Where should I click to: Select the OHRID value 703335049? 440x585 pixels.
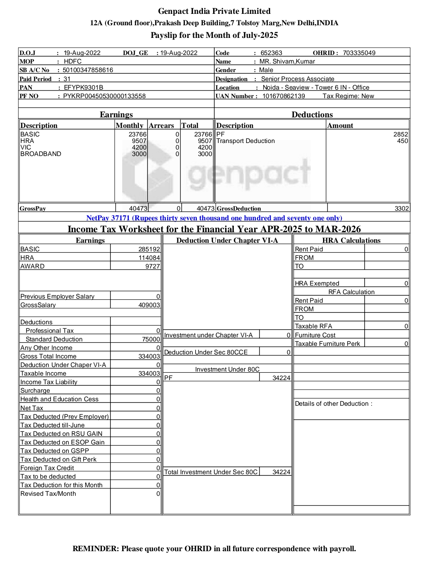point(359,53)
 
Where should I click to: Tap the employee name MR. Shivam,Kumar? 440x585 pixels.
point(287,62)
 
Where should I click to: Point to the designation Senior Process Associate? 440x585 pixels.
point(297,79)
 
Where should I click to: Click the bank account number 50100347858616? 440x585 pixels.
point(88,70)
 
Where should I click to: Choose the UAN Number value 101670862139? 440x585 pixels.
point(284,96)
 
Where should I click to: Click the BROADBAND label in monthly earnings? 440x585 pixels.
point(41,154)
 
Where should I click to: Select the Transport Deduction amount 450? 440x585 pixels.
point(403,141)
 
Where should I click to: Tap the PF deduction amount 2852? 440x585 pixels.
point(400,134)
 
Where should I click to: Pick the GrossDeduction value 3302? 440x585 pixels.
point(401,209)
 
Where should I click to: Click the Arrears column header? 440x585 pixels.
point(161,125)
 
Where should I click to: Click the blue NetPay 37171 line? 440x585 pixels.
point(214,218)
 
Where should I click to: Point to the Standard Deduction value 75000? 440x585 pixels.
point(151,339)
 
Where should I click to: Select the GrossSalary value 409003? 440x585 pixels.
point(149,305)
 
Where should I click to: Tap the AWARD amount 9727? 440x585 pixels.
point(152,266)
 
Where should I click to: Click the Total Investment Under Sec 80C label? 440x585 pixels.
point(211,472)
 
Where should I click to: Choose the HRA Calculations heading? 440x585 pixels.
point(351,240)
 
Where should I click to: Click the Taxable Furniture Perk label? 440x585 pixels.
point(328,344)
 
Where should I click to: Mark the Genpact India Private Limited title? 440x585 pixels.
point(214,11)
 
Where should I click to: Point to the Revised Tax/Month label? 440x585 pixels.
point(48,494)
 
